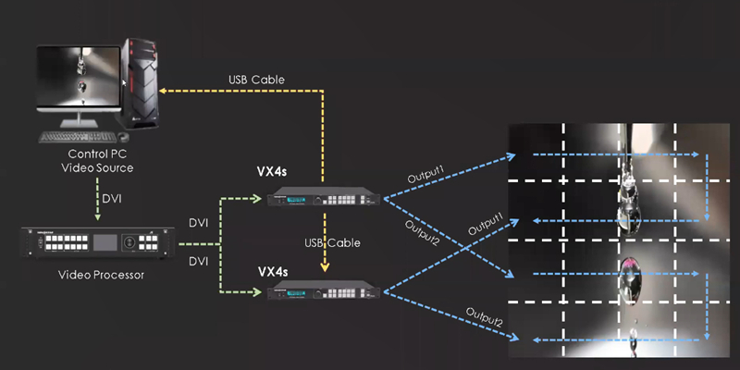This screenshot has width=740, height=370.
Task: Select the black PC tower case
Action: [x=142, y=83]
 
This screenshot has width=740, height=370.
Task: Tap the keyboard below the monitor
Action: [x=80, y=138]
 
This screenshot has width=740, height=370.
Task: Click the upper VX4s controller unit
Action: [x=321, y=196]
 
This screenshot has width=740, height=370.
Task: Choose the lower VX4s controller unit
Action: [x=321, y=293]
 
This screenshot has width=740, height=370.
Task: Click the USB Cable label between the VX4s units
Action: [x=330, y=242]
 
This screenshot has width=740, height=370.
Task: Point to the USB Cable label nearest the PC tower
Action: [x=256, y=80]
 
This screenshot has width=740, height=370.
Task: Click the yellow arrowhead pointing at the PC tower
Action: [x=163, y=91]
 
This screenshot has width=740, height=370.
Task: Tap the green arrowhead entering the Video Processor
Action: [x=98, y=220]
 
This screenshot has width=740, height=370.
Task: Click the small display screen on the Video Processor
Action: [x=104, y=242]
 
